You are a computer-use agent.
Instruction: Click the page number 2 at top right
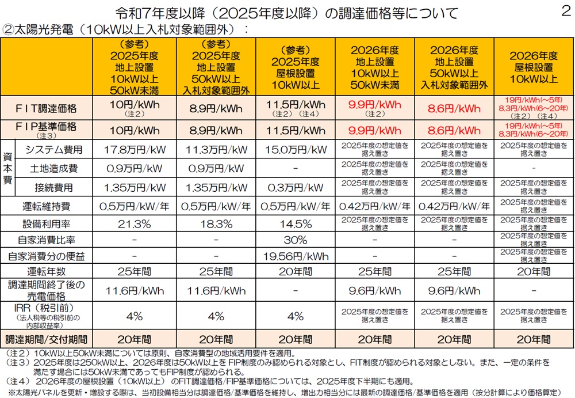tap(564, 12)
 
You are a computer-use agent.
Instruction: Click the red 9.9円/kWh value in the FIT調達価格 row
tap(375, 105)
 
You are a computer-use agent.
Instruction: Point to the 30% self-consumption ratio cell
tap(296, 239)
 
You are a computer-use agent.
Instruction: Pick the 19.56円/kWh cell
tap(296, 255)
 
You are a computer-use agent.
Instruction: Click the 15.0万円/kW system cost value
tap(296, 150)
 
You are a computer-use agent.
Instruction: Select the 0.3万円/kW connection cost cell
tap(296, 187)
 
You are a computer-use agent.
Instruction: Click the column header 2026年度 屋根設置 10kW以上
tap(533, 67)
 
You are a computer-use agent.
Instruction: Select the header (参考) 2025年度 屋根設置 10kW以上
tap(296, 67)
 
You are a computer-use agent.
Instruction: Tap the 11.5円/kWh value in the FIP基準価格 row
tap(296, 130)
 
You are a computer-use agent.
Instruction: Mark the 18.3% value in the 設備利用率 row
tap(216, 223)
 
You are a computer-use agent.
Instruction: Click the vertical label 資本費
tap(8, 168)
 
